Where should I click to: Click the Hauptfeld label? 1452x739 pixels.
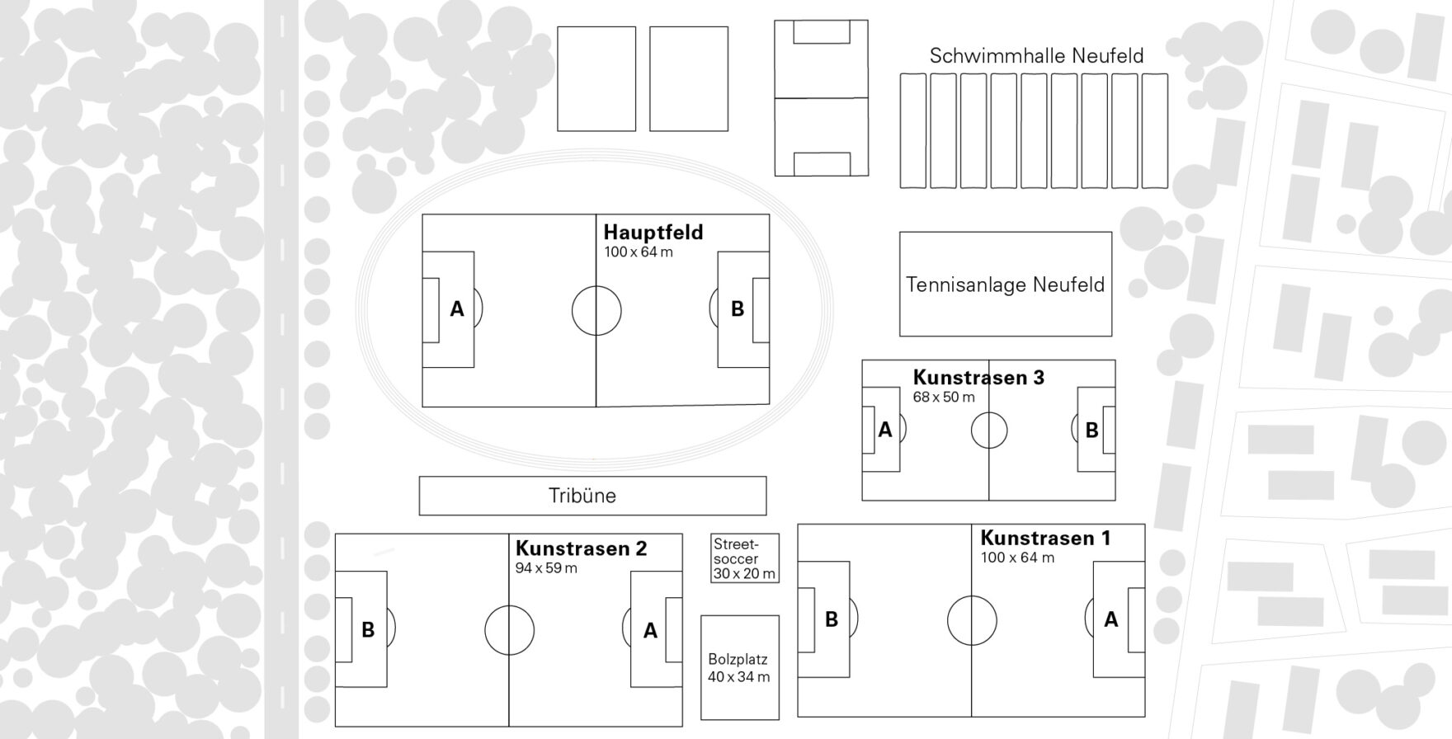(x=653, y=232)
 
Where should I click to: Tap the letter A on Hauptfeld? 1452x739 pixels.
(x=456, y=309)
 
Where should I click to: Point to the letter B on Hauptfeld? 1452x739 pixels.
(x=738, y=309)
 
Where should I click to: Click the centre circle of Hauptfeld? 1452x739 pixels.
(x=596, y=311)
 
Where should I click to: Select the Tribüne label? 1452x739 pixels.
(x=582, y=496)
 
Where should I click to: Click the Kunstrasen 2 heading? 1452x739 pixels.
(x=581, y=548)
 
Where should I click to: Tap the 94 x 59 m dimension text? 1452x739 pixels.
(x=546, y=568)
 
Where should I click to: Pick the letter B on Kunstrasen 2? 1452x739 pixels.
(x=368, y=630)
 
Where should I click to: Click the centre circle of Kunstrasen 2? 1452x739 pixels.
(x=509, y=630)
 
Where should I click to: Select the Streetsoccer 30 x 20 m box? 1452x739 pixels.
(x=744, y=558)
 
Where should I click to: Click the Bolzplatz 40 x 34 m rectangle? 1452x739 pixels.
(x=739, y=668)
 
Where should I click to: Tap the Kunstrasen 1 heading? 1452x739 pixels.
(x=1045, y=539)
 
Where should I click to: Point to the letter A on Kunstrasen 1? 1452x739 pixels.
(x=1111, y=619)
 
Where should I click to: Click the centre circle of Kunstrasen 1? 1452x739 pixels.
(x=972, y=620)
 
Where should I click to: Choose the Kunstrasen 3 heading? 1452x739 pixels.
(x=978, y=378)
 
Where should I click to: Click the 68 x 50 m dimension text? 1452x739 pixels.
(x=944, y=397)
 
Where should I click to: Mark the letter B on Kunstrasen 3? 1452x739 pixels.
(x=1091, y=431)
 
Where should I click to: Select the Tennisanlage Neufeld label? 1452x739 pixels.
(x=1005, y=285)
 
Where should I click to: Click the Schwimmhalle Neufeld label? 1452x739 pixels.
(x=1036, y=56)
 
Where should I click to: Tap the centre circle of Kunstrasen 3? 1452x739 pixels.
(x=989, y=431)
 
